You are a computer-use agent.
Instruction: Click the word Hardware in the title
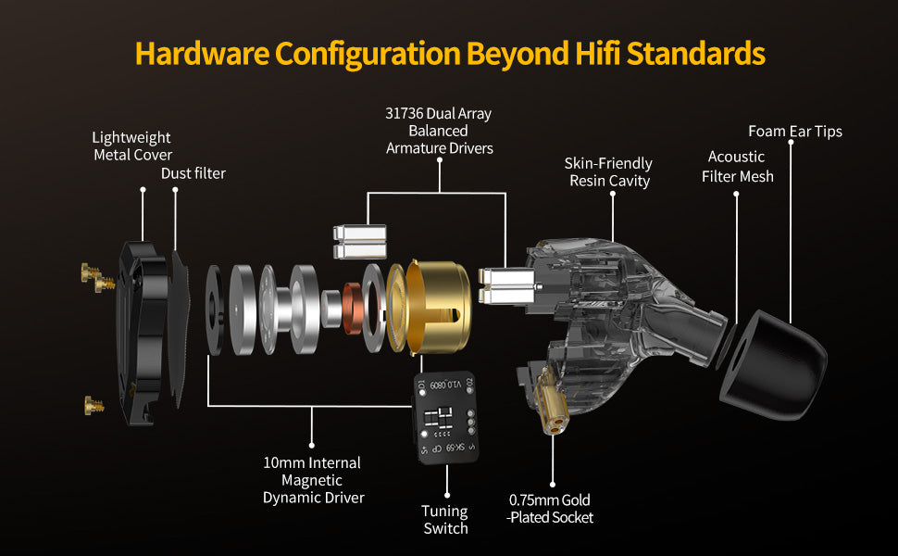(202, 54)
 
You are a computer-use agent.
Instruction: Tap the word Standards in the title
(696, 54)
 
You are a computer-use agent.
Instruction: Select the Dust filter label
(193, 173)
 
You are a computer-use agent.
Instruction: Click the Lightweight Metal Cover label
(132, 146)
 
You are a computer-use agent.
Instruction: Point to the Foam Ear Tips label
(795, 132)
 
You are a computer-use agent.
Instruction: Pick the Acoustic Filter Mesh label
(737, 167)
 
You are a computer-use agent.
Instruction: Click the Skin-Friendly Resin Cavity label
(609, 172)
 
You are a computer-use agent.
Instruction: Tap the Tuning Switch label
(445, 519)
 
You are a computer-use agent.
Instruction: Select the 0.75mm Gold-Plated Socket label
(550, 509)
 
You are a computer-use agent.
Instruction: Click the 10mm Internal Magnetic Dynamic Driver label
(313, 480)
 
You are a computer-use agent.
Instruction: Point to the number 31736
(405, 113)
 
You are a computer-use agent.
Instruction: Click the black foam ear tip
(773, 364)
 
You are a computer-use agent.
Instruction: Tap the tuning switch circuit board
(445, 417)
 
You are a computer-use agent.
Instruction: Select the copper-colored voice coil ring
(353, 309)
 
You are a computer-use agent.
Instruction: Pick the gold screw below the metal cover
(94, 405)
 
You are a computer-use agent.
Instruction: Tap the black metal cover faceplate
(142, 333)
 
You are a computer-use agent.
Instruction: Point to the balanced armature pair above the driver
(359, 242)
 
